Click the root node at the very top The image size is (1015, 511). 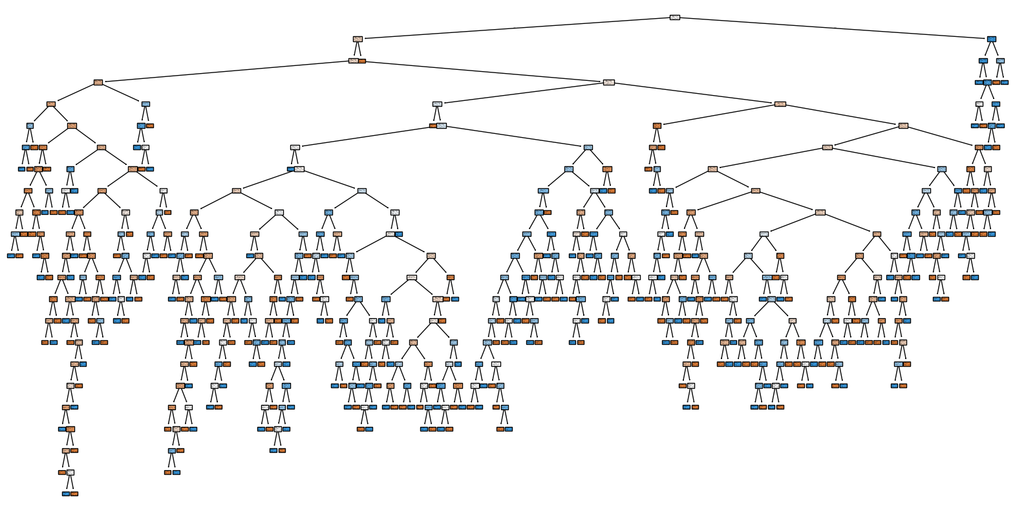(674, 17)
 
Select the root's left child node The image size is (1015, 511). (358, 39)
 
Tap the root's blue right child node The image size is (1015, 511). (991, 39)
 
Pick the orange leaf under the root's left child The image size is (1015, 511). (362, 61)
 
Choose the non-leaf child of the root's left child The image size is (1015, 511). (353, 61)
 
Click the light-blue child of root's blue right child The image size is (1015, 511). (1000, 61)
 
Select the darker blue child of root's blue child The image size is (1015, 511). (983, 61)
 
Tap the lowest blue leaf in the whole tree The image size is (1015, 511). (65, 494)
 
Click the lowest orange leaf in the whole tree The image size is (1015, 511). (74, 494)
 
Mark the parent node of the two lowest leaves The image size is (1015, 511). (70, 472)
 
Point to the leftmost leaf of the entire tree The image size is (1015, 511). (10, 255)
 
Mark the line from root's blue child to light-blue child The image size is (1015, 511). (996, 50)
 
